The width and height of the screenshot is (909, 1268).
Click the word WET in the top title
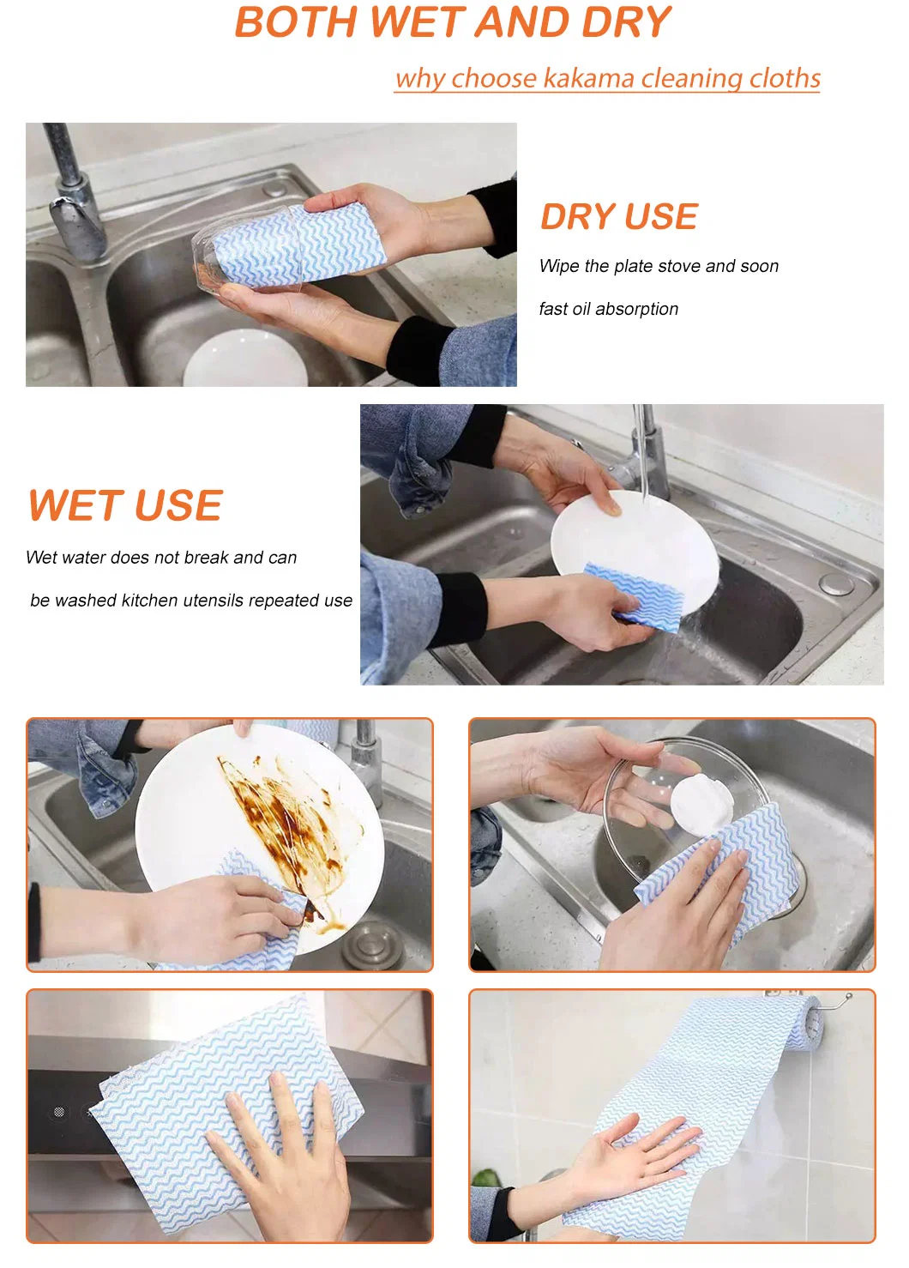(x=417, y=22)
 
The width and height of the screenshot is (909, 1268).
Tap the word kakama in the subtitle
(x=588, y=78)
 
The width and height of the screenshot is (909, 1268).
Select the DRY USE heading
(x=619, y=216)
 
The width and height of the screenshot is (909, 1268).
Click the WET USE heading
(x=126, y=505)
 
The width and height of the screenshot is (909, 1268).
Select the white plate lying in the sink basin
(x=245, y=359)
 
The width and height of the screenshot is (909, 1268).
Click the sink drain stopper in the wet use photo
(x=836, y=583)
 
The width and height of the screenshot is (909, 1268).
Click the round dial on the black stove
(x=59, y=1113)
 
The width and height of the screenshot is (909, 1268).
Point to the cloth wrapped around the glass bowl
(x=299, y=244)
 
